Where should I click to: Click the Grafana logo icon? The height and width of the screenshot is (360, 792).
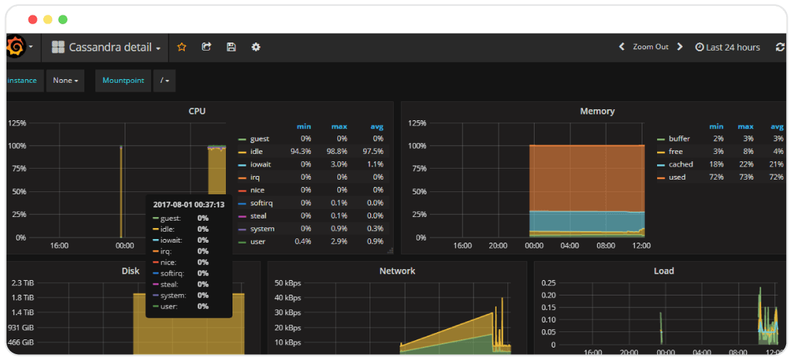(x=15, y=48)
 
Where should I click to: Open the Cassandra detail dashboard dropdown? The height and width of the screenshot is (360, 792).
(x=106, y=48)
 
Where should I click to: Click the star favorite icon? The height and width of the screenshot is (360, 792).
(x=182, y=47)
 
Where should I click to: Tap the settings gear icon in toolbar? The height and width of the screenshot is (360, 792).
(x=256, y=47)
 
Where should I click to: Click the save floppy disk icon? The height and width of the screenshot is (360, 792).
(x=231, y=47)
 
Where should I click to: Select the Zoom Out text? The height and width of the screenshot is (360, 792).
(x=650, y=47)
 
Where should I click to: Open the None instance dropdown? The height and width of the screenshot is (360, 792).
(x=65, y=81)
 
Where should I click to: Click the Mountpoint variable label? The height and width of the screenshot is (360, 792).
(x=123, y=81)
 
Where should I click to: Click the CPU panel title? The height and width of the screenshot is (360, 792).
(x=197, y=111)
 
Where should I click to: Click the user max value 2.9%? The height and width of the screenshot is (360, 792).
(x=338, y=242)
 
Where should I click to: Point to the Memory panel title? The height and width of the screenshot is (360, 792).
(x=597, y=111)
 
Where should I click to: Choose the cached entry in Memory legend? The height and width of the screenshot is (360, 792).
(x=680, y=165)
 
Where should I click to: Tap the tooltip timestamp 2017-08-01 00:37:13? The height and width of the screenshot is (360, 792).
(x=188, y=205)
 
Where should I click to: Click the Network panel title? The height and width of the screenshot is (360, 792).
(x=397, y=271)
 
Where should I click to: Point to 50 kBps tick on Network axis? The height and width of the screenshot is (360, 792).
(x=287, y=283)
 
